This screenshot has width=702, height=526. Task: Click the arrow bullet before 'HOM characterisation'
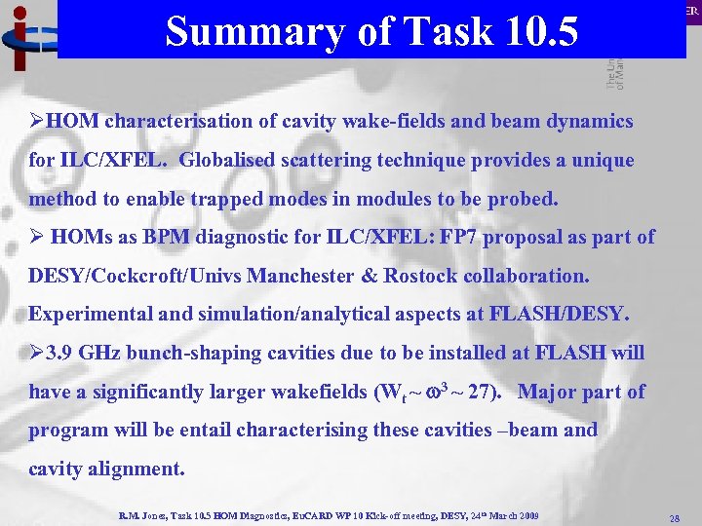[x=36, y=122]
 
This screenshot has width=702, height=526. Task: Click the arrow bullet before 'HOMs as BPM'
[x=36, y=237]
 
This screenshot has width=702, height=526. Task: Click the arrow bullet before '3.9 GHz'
[x=36, y=352]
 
